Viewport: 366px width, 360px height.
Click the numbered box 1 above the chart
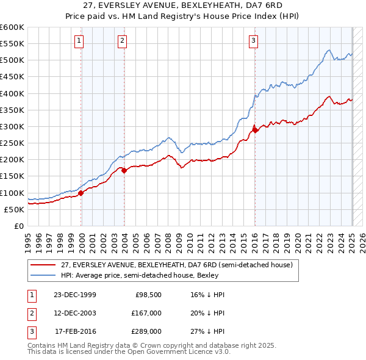click(80, 41)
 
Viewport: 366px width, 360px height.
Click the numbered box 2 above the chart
click(122, 41)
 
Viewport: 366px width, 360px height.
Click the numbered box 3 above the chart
click(253, 41)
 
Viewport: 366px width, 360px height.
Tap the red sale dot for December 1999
click(81, 193)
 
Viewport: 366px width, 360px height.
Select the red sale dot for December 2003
click(124, 170)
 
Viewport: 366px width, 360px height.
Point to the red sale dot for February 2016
click(254, 129)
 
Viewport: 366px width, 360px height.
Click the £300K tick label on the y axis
click(12, 126)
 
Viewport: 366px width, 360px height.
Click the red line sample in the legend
click(44, 265)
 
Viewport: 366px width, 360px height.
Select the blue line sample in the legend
click(44, 275)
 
